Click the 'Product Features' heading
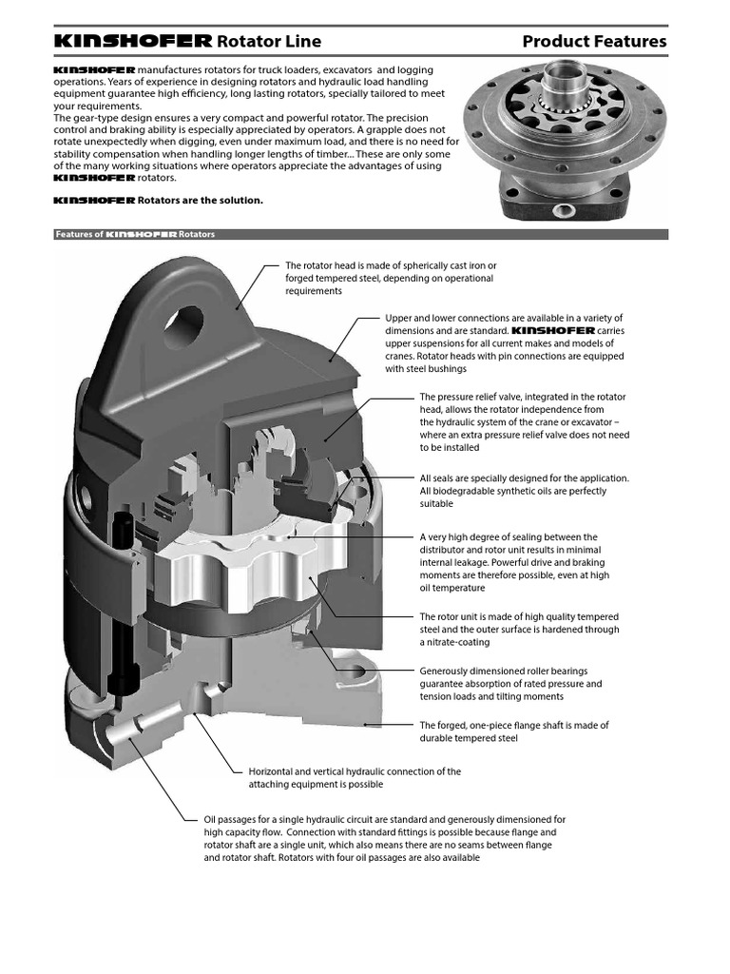coord(594,41)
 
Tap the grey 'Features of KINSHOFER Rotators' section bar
coord(360,234)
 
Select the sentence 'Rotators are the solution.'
coord(200,201)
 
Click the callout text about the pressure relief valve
coord(524,421)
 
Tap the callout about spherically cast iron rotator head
coord(390,278)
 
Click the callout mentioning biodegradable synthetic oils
coord(524,491)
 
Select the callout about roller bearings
coord(510,684)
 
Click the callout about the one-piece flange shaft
coord(514,731)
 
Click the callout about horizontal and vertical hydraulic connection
coord(354,778)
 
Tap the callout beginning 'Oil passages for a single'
coord(385,838)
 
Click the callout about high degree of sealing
coord(514,562)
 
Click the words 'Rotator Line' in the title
coord(270,41)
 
